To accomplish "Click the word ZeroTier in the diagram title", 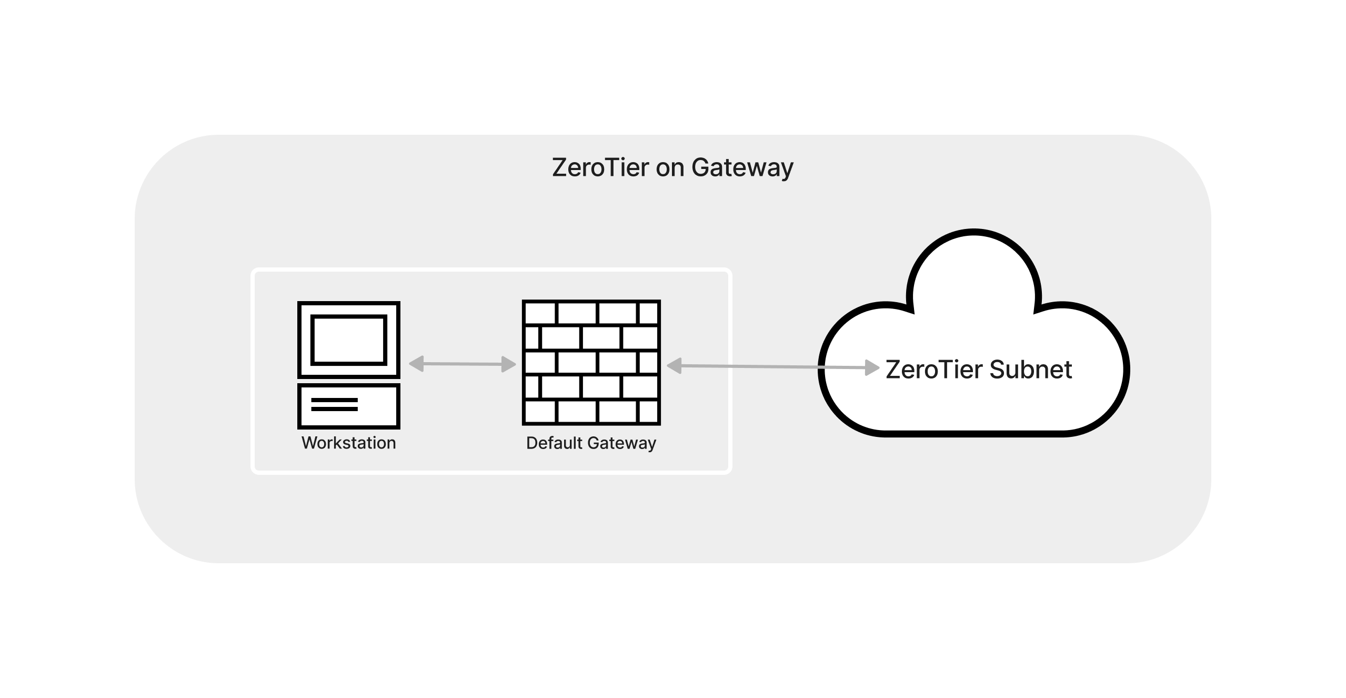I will point(600,167).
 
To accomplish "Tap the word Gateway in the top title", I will point(742,167).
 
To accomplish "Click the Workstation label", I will point(348,443).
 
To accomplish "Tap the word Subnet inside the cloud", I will point(1031,370).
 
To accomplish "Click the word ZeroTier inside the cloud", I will point(934,370).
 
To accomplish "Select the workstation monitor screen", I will point(349,340).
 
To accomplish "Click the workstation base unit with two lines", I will point(349,405).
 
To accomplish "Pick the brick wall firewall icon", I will point(591,363).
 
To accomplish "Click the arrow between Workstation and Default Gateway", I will point(462,364).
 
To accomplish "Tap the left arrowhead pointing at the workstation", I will point(416,364).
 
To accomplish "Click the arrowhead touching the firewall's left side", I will point(509,364).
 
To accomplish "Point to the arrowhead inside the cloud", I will point(872,367).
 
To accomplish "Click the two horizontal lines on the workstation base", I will point(334,404).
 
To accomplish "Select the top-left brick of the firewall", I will point(539,314).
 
